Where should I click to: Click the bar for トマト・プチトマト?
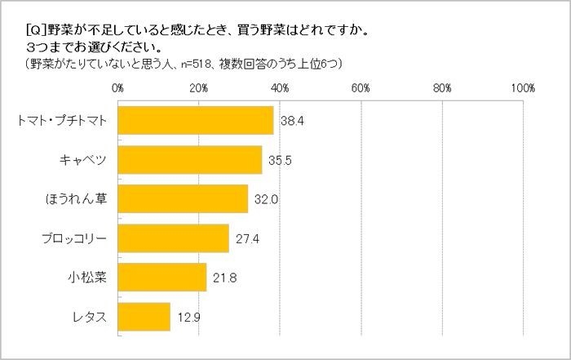[x=196, y=121]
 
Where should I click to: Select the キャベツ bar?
[x=190, y=160]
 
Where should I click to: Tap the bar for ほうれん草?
[x=183, y=198]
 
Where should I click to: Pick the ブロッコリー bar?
[x=174, y=238]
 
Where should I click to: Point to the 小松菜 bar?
[x=162, y=277]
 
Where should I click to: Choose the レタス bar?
[x=144, y=316]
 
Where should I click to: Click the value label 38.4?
[x=292, y=122]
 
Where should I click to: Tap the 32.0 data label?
[x=266, y=199]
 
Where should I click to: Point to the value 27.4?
[x=247, y=238]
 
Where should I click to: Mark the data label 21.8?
[x=224, y=278]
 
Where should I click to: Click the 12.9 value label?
[x=188, y=317]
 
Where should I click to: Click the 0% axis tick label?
[x=118, y=87]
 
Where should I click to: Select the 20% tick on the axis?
[x=199, y=87]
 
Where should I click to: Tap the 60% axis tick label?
[x=361, y=87]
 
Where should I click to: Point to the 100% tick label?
[x=522, y=87]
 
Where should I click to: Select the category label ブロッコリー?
[x=75, y=238]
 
